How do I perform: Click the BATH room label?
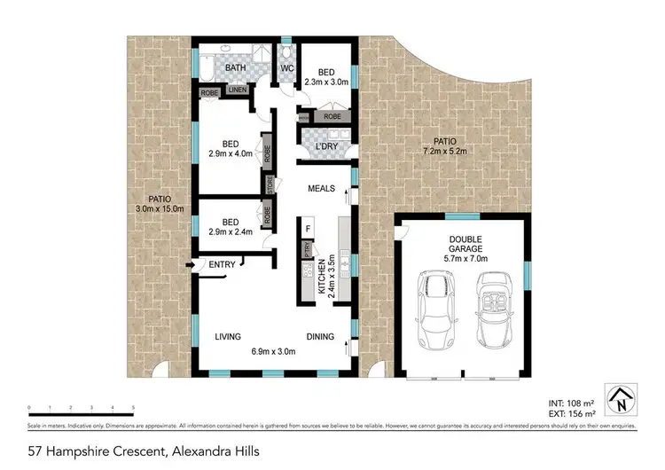[235, 67]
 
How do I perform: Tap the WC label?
[286, 67]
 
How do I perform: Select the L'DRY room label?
[318, 145]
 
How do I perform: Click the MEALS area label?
[321, 189]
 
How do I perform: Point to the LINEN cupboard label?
[238, 90]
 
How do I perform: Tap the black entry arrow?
[190, 264]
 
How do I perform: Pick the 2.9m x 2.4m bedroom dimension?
[231, 232]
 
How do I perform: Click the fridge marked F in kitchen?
[308, 229]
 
